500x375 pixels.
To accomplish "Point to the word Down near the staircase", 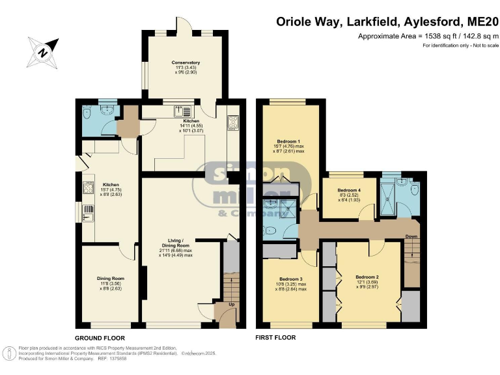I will click(411, 237).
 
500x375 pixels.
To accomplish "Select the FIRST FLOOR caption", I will click(277, 338).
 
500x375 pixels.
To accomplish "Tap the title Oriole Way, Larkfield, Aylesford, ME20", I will click(385, 23).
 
